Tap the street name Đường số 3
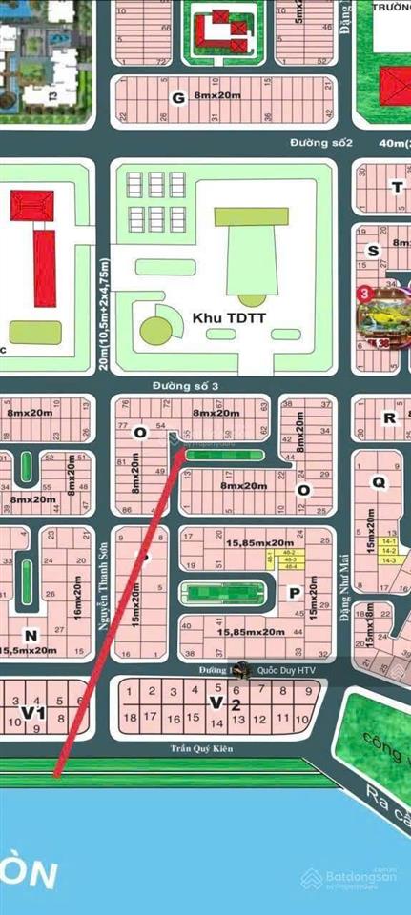click(x=180, y=386)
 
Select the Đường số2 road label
click(x=321, y=143)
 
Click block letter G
click(x=176, y=98)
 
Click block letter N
click(x=31, y=634)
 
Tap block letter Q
click(x=379, y=482)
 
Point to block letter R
click(x=387, y=417)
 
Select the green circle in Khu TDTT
click(x=155, y=330)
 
